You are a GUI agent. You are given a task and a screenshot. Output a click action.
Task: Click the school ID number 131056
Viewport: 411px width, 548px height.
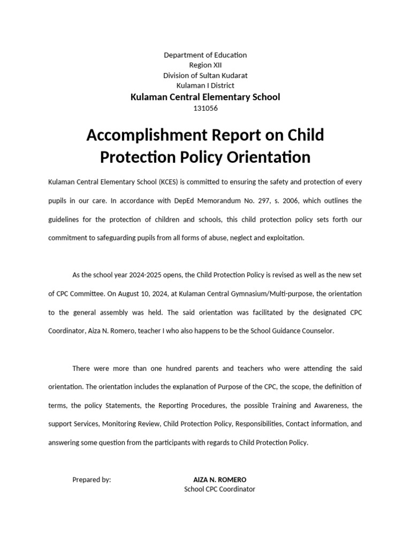pyautogui.click(x=205, y=108)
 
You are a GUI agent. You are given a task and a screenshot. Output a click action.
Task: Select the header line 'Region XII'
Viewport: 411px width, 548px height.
pyautogui.click(x=205, y=65)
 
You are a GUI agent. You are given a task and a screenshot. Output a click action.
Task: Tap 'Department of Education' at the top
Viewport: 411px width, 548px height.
pyautogui.click(x=205, y=55)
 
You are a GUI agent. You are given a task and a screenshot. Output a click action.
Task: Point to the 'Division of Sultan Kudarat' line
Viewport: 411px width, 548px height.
pyautogui.click(x=205, y=75)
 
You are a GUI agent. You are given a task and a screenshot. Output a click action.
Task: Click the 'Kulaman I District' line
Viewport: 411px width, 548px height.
pyautogui.click(x=205, y=85)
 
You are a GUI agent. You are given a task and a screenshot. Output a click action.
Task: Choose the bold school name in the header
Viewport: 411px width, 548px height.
pyautogui.click(x=205, y=96)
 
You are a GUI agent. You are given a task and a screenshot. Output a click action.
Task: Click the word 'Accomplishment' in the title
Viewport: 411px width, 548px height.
pyautogui.click(x=146, y=135)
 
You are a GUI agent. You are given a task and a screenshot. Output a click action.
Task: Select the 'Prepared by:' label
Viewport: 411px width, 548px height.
pyautogui.click(x=92, y=479)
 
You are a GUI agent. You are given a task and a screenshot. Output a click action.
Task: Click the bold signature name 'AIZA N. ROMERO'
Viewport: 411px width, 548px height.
pyautogui.click(x=220, y=479)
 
